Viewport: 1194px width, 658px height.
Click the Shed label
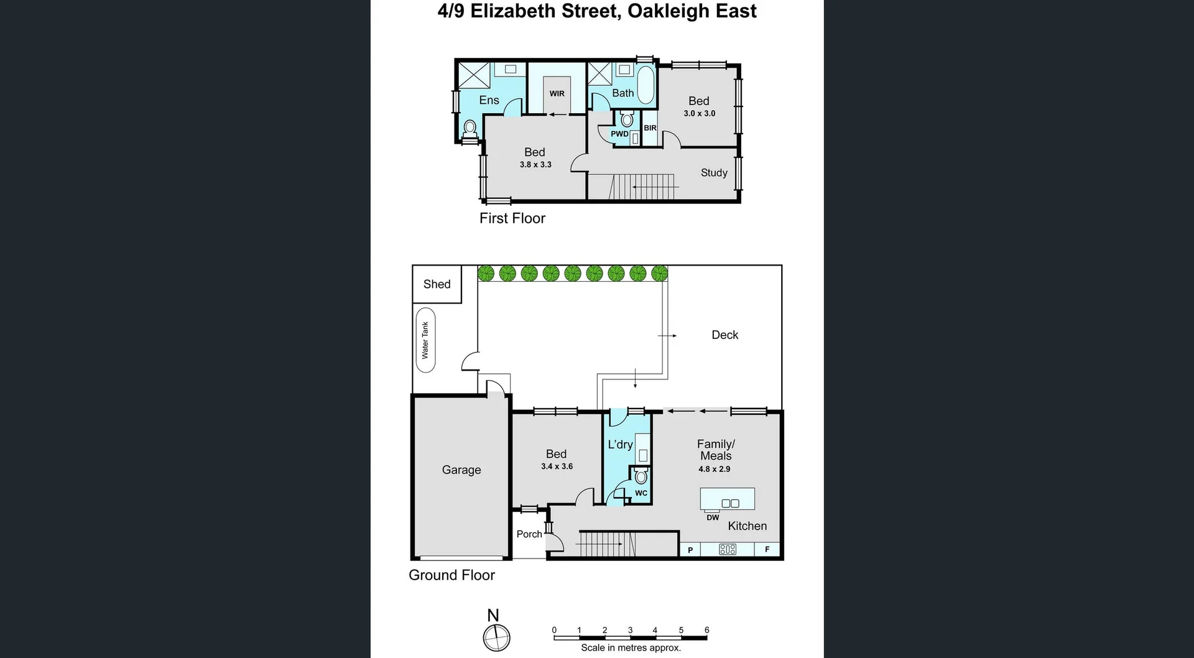[x=437, y=284]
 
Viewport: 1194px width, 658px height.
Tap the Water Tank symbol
[x=425, y=340]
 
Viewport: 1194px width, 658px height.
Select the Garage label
[x=461, y=470]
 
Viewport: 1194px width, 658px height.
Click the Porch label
[x=529, y=534]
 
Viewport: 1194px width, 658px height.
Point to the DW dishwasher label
[x=713, y=517]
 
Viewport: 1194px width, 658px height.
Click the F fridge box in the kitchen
[x=767, y=550]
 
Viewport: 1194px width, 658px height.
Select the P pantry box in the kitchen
[x=690, y=550]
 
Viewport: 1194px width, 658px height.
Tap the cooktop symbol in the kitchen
[x=728, y=550]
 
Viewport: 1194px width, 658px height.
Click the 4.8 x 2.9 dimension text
[x=715, y=470]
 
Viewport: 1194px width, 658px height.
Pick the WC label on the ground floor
[x=641, y=493]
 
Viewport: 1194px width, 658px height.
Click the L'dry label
[x=620, y=445]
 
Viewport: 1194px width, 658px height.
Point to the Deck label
[x=724, y=335]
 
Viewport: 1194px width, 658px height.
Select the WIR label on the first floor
[x=557, y=94]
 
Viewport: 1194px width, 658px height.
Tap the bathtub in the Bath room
[x=646, y=85]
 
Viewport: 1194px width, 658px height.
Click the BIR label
[x=650, y=128]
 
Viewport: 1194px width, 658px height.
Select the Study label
[x=714, y=173]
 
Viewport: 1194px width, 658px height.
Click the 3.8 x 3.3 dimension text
[x=535, y=165]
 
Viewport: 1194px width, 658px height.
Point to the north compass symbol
[x=497, y=637]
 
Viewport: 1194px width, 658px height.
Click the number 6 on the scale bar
[x=706, y=630]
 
